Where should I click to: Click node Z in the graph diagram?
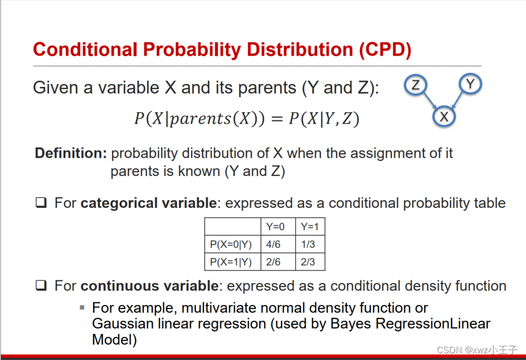(x=416, y=85)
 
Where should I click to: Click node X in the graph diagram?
(x=444, y=117)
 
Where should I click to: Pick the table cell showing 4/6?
(x=273, y=245)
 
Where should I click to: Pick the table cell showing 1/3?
(x=308, y=245)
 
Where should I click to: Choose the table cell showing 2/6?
(x=273, y=262)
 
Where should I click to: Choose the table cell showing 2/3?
(x=308, y=262)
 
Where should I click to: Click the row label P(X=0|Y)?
(x=231, y=245)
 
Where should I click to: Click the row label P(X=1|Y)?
(x=231, y=262)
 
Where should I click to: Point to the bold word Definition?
(x=70, y=153)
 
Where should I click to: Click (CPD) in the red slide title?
(x=385, y=50)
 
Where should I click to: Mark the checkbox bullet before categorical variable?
(x=41, y=203)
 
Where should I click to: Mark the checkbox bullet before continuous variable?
(x=41, y=286)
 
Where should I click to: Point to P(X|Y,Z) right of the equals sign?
(x=324, y=119)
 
